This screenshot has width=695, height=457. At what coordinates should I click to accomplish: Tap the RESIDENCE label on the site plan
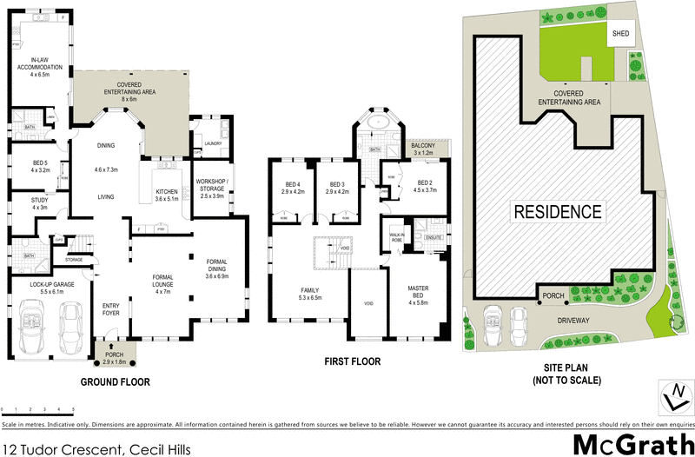pos(557,211)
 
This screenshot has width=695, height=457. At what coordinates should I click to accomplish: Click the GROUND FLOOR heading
pos(115,381)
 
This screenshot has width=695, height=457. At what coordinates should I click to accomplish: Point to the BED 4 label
pos(292,186)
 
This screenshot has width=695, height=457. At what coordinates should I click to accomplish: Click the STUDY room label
pos(39,203)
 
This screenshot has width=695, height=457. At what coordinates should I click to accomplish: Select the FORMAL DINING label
pos(218,268)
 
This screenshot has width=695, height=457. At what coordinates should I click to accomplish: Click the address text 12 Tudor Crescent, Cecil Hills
pos(95,449)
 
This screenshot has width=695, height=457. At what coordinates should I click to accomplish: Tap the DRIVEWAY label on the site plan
pos(568,321)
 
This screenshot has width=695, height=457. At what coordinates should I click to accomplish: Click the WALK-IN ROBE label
pos(398,237)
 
